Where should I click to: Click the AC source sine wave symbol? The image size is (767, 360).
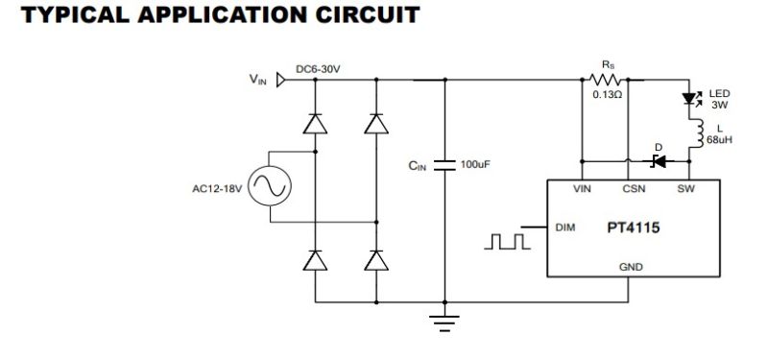tap(270, 186)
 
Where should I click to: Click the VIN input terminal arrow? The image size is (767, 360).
tap(281, 81)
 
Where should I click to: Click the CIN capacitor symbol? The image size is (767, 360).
tap(443, 164)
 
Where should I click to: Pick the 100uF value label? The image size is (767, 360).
tap(476, 164)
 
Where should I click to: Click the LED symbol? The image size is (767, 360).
tap(688, 98)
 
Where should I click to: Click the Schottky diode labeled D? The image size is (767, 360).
tap(658, 159)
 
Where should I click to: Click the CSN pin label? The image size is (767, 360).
tap(634, 189)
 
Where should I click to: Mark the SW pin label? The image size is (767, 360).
tap(685, 189)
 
